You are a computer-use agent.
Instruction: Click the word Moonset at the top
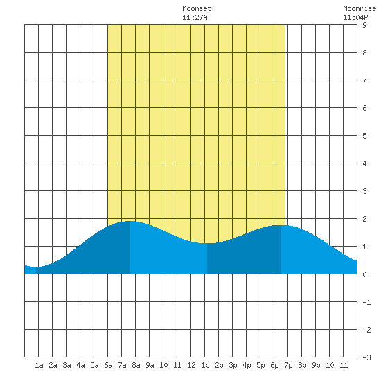197,8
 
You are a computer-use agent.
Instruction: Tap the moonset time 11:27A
195,17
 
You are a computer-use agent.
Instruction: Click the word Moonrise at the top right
360,8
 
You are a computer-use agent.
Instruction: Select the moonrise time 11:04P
355,17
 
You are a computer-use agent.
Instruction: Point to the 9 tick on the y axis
364,25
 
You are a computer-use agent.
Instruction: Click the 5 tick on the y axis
364,136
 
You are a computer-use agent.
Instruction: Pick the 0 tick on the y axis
364,274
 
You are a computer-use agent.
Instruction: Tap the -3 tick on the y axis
366,357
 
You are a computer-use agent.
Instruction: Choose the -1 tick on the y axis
366,302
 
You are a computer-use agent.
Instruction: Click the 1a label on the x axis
39,365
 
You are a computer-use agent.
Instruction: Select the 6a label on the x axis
108,365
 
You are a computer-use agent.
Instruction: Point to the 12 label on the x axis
191,365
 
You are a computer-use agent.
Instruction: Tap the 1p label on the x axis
205,366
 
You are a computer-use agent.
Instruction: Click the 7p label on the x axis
288,366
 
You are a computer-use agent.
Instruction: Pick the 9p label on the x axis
316,366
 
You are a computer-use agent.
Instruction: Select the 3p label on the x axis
233,366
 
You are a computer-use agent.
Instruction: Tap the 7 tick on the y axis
364,80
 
